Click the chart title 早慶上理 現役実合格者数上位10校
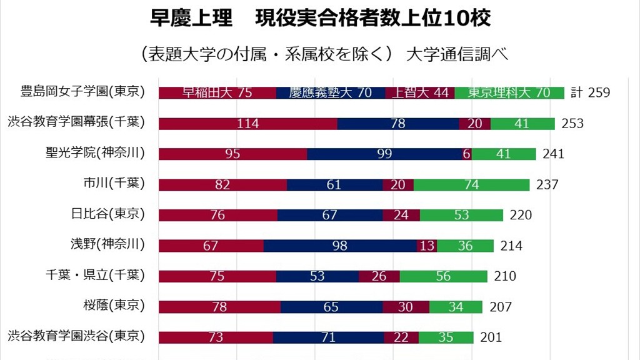320,18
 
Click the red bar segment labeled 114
248,123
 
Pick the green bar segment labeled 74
472,184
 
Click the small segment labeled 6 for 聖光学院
467,154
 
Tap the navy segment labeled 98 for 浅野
340,246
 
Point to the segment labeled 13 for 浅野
427,246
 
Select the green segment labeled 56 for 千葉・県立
444,276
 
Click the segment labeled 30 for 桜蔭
406,307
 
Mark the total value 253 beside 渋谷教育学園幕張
572,124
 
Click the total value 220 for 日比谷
521,215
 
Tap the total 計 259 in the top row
590,93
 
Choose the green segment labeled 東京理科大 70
509,92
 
